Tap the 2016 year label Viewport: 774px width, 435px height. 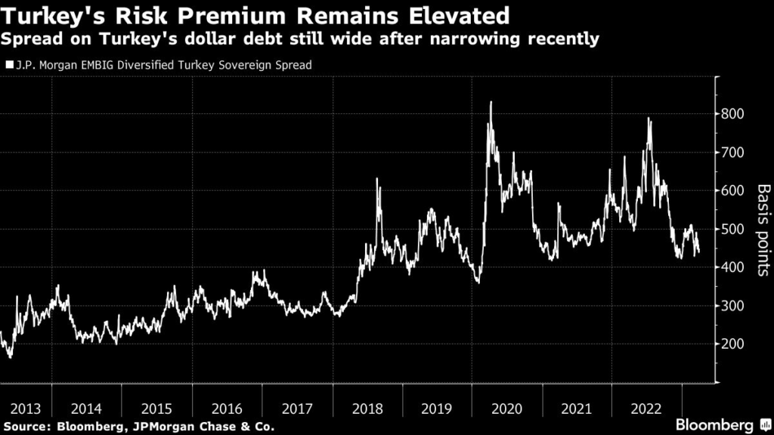point(227,409)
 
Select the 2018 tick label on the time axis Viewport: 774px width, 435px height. point(368,409)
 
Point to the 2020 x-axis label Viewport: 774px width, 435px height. point(507,409)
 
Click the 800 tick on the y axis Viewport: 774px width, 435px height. point(733,114)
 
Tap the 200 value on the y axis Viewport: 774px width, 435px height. point(733,344)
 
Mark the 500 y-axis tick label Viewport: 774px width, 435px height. point(733,229)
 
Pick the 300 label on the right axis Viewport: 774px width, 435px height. point(733,305)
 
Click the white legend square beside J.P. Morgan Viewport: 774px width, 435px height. point(8,65)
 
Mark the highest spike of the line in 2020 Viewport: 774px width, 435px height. point(491,102)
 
